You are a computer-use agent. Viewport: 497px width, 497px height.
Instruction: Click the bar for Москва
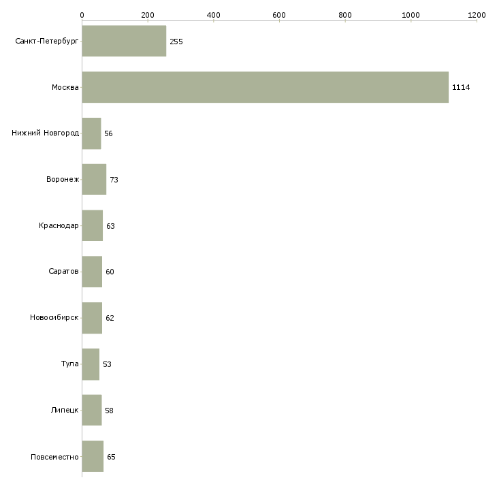pyautogui.click(x=265, y=87)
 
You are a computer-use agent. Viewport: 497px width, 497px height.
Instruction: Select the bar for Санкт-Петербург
pyautogui.click(x=124, y=41)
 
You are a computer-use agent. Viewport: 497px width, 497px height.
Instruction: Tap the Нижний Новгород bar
pyautogui.click(x=91, y=133)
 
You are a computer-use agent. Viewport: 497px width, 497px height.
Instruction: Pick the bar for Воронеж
pyautogui.click(x=94, y=180)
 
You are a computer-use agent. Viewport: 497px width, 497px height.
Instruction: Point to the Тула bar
pyautogui.click(x=91, y=364)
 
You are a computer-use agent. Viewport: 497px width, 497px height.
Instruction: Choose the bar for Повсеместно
pyautogui.click(x=93, y=457)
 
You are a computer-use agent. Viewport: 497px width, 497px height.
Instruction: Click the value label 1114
pyautogui.click(x=461, y=87)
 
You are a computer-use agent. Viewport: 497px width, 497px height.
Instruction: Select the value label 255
pyautogui.click(x=176, y=42)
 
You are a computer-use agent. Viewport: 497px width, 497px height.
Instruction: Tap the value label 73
pyautogui.click(x=114, y=180)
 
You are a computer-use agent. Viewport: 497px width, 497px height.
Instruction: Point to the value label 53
pyautogui.click(x=107, y=364)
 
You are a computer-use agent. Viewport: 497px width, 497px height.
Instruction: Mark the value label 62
pyautogui.click(x=110, y=318)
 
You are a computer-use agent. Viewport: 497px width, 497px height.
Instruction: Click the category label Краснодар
pyautogui.click(x=59, y=225)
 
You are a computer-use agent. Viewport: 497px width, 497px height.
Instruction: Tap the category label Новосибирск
pyautogui.click(x=54, y=318)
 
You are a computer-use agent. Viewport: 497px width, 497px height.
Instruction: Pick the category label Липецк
pyautogui.click(x=65, y=411)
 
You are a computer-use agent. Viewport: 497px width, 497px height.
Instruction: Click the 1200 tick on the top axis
pyautogui.click(x=477, y=14)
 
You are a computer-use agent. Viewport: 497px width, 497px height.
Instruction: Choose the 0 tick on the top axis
pyautogui.click(x=82, y=14)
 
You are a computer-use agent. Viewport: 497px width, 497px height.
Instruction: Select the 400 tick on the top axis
pyautogui.click(x=213, y=14)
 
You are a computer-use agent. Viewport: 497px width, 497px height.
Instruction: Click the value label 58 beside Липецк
pyautogui.click(x=109, y=411)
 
